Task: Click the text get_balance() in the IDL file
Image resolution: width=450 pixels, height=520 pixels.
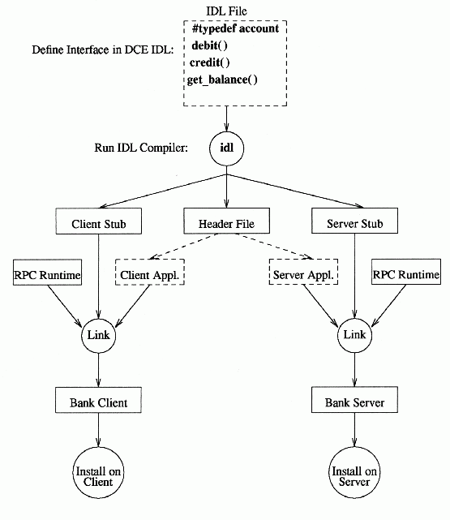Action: (222, 80)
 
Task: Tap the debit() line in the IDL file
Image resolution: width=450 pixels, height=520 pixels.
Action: (209, 45)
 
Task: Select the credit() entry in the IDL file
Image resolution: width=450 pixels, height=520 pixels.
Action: (209, 62)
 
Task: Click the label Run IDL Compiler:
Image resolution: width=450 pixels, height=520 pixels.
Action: (141, 148)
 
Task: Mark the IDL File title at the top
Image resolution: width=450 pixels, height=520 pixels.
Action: (227, 11)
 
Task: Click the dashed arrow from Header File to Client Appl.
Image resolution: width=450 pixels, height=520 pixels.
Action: (184, 246)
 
